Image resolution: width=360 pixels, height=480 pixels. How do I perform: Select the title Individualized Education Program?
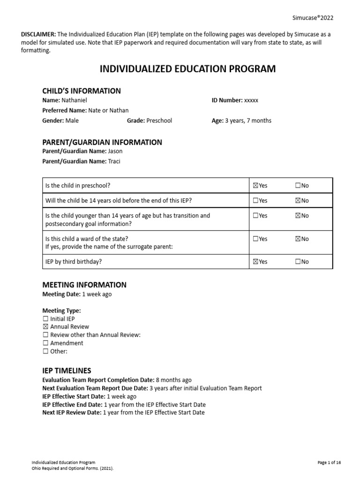[188, 69]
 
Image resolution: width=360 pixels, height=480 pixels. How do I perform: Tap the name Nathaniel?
[74, 100]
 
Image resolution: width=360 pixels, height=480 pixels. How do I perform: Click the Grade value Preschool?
[159, 120]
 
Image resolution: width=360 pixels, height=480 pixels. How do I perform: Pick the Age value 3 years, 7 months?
[248, 120]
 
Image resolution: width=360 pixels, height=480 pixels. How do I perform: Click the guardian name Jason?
[115, 151]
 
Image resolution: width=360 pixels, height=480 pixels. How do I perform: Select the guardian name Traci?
[114, 161]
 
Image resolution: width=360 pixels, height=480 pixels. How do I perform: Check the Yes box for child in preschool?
[255, 186]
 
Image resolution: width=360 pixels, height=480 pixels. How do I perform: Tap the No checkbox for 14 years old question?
[298, 201]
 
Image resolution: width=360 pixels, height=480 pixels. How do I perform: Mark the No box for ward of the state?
[298, 239]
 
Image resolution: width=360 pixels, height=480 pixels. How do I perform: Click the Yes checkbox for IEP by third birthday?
[255, 262]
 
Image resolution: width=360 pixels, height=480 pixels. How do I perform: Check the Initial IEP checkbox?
[45, 319]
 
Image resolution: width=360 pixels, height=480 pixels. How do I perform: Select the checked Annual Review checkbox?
[45, 327]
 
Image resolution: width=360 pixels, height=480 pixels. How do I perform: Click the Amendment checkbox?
[45, 343]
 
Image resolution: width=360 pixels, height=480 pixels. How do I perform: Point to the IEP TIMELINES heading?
[67, 371]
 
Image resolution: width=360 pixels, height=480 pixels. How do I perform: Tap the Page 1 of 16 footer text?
[329, 463]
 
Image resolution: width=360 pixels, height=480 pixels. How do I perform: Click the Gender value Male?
[72, 120]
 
